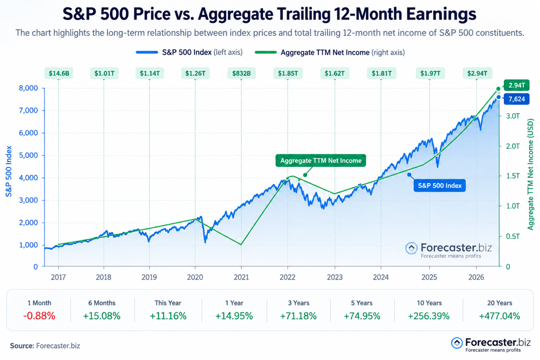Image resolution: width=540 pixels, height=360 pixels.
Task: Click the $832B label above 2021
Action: pyautogui.click(x=241, y=73)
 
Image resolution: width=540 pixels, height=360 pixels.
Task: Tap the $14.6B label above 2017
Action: pyautogui.click(x=59, y=73)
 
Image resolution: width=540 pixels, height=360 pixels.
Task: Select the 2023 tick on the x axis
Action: pyautogui.click(x=334, y=277)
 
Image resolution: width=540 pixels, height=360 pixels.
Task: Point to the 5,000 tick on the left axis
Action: pyautogui.click(x=28, y=155)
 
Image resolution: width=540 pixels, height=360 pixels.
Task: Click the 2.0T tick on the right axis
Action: pyautogui.click(x=513, y=146)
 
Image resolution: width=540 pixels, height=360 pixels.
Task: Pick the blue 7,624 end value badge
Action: pyautogui.click(x=516, y=99)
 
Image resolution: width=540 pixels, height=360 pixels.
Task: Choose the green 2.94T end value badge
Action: pyautogui.click(x=516, y=85)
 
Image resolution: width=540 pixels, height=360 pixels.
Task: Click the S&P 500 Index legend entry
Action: pyautogui.click(x=189, y=52)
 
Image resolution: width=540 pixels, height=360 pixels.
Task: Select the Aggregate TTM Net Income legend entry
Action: pyautogui.click(x=330, y=53)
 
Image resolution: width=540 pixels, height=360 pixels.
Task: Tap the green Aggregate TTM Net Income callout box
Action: pyautogui.click(x=321, y=161)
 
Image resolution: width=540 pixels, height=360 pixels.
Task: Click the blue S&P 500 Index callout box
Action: pyautogui.click(x=439, y=185)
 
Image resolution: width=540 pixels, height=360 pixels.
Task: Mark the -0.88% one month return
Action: pyautogui.click(x=39, y=316)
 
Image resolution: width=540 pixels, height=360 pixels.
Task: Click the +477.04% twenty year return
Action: pyautogui.click(x=499, y=316)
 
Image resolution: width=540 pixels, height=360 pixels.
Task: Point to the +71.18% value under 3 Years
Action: pyautogui.click(x=298, y=316)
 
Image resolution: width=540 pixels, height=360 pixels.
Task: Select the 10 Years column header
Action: pyautogui.click(x=429, y=303)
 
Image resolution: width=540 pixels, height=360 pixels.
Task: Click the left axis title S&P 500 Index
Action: pyautogui.click(x=9, y=171)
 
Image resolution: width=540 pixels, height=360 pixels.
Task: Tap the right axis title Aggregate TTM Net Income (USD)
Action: pyautogui.click(x=530, y=175)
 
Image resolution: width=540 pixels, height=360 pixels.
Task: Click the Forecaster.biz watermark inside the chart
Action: pyautogui.click(x=449, y=250)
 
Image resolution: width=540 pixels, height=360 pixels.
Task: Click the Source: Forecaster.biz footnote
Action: pyautogui.click(x=45, y=346)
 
